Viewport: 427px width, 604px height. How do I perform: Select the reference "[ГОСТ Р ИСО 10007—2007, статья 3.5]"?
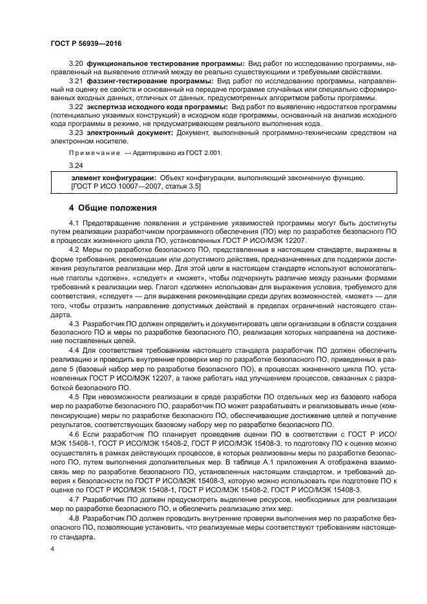136,186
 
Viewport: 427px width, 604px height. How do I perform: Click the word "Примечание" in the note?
94,152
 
